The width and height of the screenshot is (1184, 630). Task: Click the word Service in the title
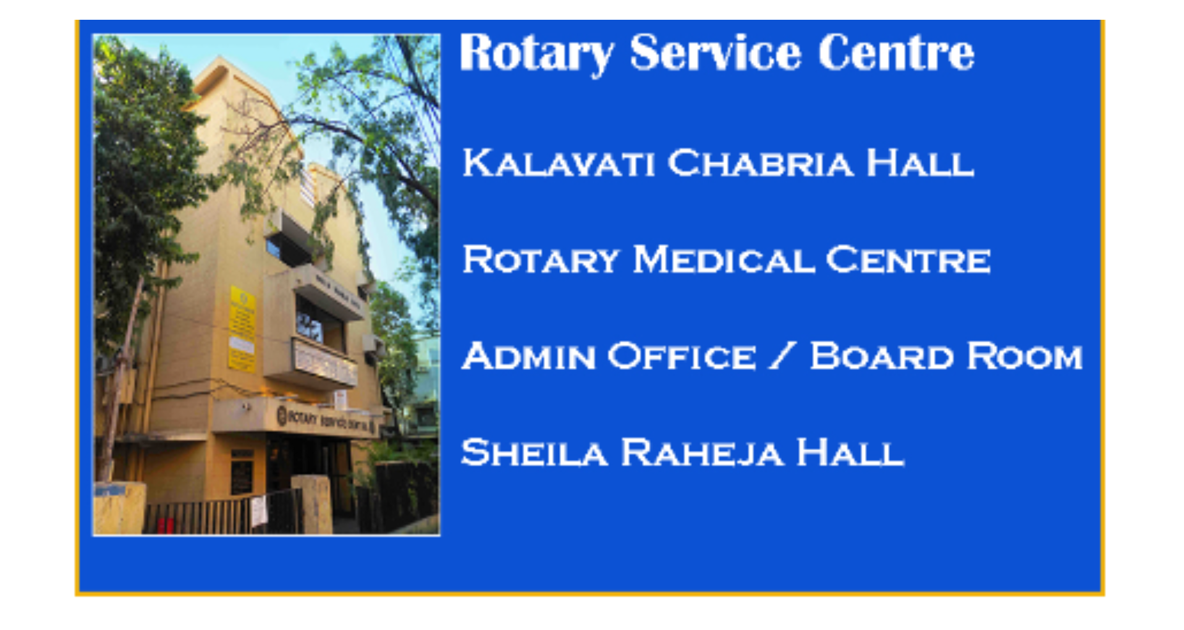point(715,53)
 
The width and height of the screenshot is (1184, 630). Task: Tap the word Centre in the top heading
point(896,53)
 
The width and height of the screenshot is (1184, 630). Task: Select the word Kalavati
point(559,164)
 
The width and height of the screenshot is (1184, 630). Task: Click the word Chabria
point(760,164)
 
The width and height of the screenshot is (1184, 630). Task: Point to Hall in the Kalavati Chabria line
point(920,164)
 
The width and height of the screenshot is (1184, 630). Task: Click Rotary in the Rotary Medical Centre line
point(541,260)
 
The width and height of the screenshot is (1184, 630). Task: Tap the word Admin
point(528,356)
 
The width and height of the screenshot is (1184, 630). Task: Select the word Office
point(682,356)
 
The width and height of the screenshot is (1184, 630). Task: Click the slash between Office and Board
point(782,356)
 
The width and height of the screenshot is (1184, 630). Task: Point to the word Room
point(1025,356)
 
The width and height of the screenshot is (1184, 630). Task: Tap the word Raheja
point(702,453)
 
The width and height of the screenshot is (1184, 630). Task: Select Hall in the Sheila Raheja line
point(850,453)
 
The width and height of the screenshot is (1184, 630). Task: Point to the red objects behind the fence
point(165,526)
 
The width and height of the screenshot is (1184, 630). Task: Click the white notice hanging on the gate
point(259,511)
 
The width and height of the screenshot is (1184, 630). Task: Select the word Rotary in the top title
point(536,53)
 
